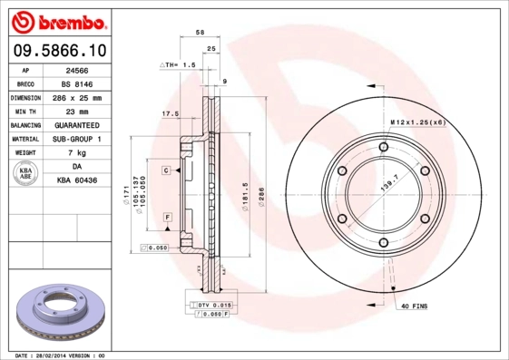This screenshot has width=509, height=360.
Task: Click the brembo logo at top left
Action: [x=57, y=20]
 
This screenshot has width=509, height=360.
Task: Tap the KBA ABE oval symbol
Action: [x=24, y=174]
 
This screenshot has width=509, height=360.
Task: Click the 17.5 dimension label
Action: [x=169, y=114]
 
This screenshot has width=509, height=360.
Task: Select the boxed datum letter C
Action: [x=168, y=170]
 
